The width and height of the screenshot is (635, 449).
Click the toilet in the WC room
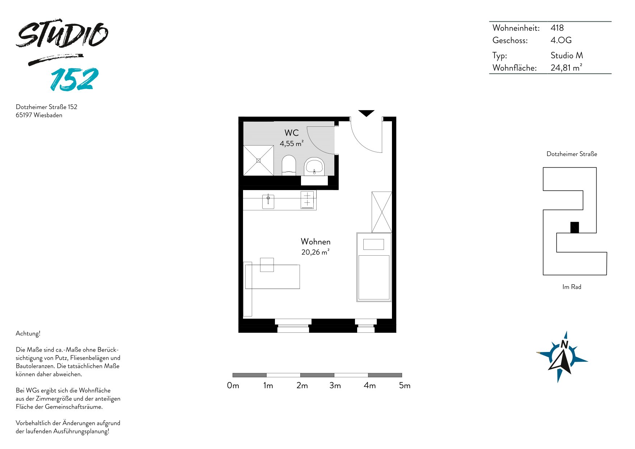tap(289, 165)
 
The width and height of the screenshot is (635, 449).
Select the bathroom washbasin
tap(314, 167)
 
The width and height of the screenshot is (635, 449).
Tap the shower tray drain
tap(258, 160)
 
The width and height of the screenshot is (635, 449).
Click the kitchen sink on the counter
tap(268, 202)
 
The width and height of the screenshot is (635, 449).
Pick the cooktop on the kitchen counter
tap(307, 200)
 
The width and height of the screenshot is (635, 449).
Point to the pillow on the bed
tap(373, 244)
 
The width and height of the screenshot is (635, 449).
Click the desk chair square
tap(267, 265)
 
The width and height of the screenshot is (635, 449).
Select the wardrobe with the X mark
tap(382, 212)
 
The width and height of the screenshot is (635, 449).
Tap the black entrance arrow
tap(366, 113)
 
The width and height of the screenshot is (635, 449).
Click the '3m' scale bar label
tap(335, 386)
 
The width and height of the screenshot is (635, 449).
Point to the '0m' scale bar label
tap(233, 386)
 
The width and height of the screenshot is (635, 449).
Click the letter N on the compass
tap(564, 344)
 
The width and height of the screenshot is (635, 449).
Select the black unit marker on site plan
tap(575, 227)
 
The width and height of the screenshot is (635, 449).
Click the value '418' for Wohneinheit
tap(557, 28)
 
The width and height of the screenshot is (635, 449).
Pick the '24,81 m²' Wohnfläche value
tap(567, 67)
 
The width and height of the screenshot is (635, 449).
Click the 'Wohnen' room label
tap(316, 242)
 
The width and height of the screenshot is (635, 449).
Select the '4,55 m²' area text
tap(292, 143)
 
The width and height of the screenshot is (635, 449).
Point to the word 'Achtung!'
tap(28, 333)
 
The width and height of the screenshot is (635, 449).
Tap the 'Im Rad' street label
tap(572, 287)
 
